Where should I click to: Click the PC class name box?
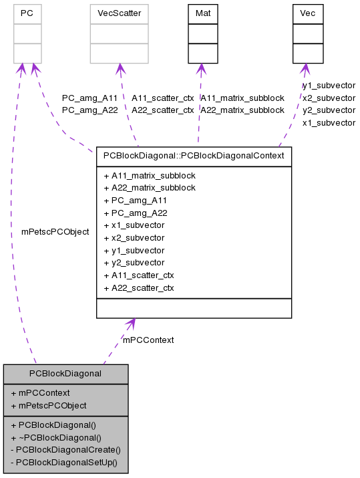(x=27, y=13)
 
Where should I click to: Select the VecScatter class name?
(x=120, y=13)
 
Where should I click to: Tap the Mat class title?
(x=202, y=13)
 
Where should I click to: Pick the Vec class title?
(x=308, y=13)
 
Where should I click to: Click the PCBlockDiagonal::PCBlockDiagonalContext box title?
(x=194, y=156)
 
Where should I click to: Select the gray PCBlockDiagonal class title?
(x=65, y=373)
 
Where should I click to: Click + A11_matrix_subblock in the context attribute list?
(x=150, y=175)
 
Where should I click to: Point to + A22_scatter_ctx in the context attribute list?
(x=139, y=288)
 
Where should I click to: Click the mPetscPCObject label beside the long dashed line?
(x=55, y=232)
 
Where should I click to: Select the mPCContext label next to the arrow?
(x=148, y=340)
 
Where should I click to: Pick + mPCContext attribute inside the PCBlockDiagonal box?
(x=40, y=392)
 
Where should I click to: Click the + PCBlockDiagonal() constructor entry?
(x=53, y=425)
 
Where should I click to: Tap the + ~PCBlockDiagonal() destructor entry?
(x=56, y=437)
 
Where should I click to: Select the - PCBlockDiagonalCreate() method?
(x=65, y=449)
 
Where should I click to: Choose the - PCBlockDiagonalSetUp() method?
(x=64, y=462)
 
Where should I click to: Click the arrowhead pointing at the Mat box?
(x=200, y=68)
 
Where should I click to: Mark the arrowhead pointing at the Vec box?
(x=305, y=68)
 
